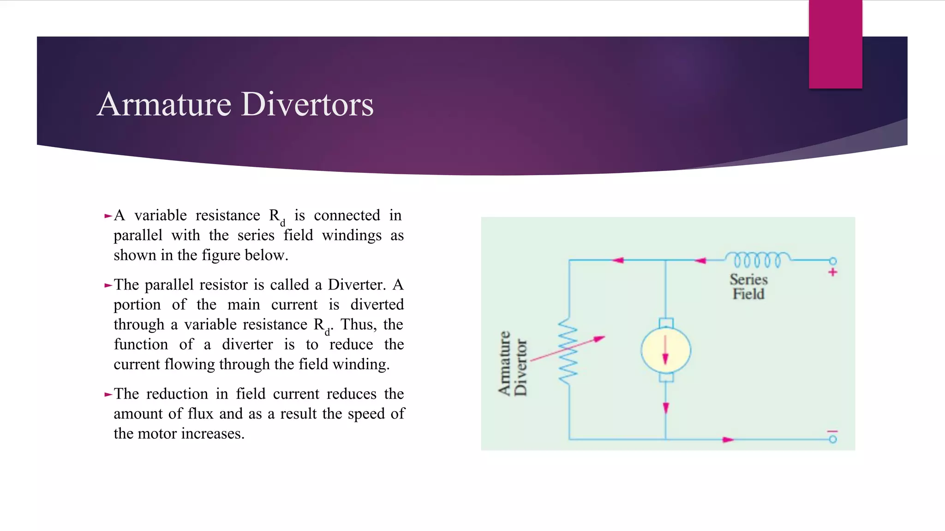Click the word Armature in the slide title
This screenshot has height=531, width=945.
click(x=164, y=104)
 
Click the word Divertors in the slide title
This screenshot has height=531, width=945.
click(x=307, y=104)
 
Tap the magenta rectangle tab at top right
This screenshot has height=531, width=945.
click(x=835, y=44)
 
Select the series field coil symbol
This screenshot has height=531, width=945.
click(x=757, y=260)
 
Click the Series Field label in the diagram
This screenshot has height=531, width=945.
click(x=748, y=287)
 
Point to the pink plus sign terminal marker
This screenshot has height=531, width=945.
click(x=832, y=272)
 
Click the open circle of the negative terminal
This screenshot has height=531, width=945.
click(x=832, y=439)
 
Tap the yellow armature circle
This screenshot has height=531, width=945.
click(x=665, y=350)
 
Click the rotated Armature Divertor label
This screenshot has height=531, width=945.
click(x=512, y=363)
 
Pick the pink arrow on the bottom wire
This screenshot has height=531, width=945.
click(x=728, y=440)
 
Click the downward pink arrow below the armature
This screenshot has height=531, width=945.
click(x=665, y=408)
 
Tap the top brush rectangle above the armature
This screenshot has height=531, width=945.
click(x=665, y=323)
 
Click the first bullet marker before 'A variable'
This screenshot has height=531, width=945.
click(x=108, y=216)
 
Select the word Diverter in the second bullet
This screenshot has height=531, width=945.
click(x=357, y=285)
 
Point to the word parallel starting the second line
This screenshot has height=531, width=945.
click(x=138, y=236)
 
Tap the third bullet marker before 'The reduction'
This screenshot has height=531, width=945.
click(x=108, y=395)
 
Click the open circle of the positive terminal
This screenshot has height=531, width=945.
click(x=832, y=261)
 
